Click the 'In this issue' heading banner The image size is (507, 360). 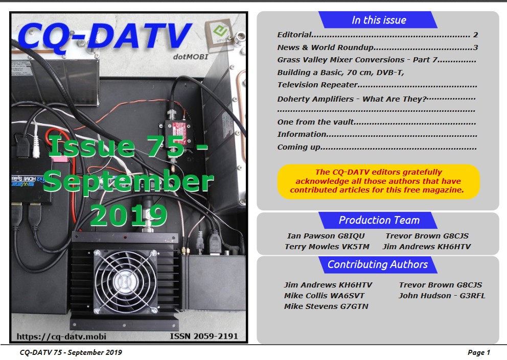[378, 20]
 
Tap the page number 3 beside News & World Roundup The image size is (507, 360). [475, 47]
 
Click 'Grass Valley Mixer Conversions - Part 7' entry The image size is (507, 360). [377, 60]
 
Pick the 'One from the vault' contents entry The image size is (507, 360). [377, 122]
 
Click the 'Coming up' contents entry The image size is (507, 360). [377, 147]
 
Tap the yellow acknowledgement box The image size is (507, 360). [378, 181]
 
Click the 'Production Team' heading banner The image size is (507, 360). [378, 221]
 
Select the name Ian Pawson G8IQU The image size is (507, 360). [326, 236]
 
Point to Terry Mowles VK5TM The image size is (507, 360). [327, 247]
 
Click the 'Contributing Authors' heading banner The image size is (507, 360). [378, 265]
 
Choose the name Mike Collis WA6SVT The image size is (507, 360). [324, 296]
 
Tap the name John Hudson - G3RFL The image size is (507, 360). [442, 296]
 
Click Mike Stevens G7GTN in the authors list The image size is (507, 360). [326, 306]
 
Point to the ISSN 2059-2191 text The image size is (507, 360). [204, 337]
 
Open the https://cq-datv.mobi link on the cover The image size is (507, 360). [61, 337]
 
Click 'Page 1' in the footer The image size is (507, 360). [479, 352]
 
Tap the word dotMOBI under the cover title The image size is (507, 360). [191, 57]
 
